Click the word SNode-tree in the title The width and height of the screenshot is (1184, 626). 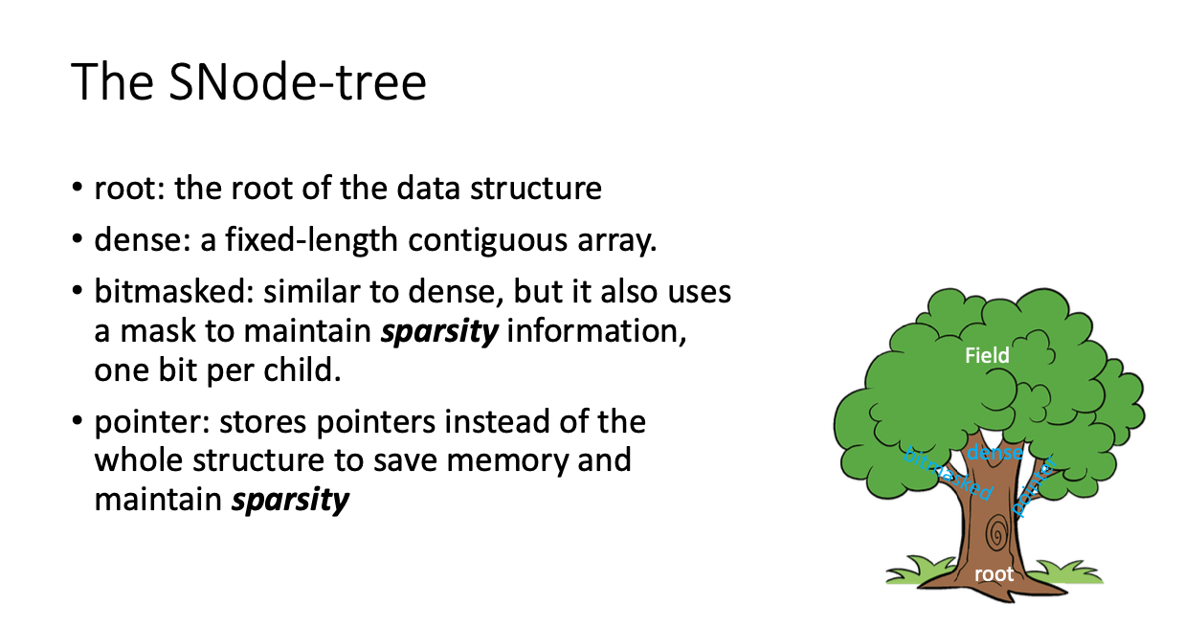tap(298, 82)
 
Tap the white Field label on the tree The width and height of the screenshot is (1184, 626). tap(987, 355)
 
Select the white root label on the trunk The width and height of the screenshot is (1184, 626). tap(994, 574)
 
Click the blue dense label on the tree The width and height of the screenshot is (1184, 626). tap(994, 453)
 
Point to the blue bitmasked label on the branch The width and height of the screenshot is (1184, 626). tap(948, 474)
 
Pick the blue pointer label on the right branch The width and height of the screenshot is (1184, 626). tap(1035, 486)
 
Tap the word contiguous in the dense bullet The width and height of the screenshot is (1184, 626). tap(488, 240)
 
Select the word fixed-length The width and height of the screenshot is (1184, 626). tap(311, 239)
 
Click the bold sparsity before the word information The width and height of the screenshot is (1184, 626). tap(439, 332)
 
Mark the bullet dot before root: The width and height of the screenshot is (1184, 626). tap(78, 187)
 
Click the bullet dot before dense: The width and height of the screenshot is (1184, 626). tap(78, 238)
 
